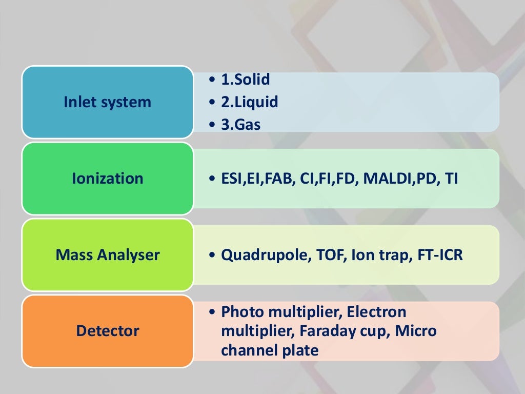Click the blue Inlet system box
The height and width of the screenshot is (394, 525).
pos(107,102)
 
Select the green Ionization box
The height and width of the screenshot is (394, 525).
pos(107,179)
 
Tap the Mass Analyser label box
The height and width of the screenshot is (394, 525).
pos(107,254)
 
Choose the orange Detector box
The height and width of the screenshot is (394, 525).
pos(107,331)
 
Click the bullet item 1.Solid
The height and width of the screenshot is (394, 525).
pos(245,80)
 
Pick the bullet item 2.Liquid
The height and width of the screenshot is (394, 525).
pos(249,102)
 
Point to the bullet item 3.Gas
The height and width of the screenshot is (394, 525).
pos(240,125)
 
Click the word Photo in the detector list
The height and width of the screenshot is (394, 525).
pos(238,311)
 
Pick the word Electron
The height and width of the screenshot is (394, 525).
pos(376,311)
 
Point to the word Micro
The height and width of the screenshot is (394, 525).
pos(416,331)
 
